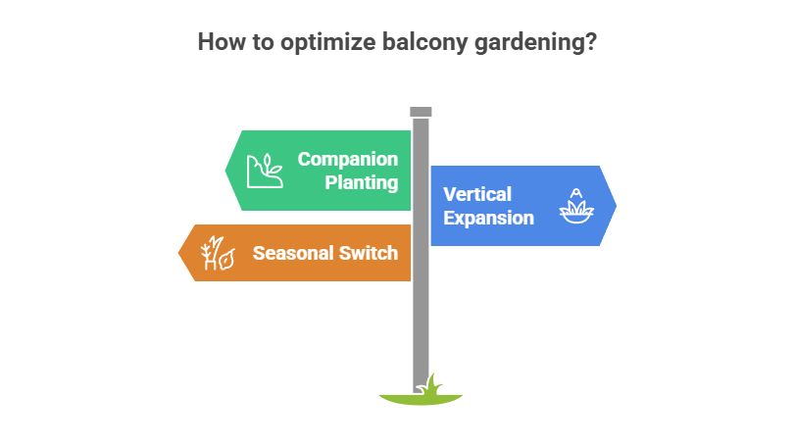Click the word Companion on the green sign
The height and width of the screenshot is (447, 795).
point(348,159)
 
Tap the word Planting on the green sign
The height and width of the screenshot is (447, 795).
point(363,182)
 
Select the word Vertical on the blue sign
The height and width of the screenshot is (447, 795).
point(477,194)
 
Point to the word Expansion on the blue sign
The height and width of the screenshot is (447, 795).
point(488,218)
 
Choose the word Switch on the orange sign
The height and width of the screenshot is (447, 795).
point(371,253)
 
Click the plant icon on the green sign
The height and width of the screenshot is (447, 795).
point(264,171)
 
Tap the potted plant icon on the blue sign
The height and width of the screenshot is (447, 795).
point(577,206)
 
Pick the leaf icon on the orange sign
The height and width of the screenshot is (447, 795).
point(217,253)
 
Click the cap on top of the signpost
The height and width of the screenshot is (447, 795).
point(421,111)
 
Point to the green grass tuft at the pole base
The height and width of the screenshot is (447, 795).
point(429,383)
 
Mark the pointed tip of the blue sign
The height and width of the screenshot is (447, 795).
point(616,206)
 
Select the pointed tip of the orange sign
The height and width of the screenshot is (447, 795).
point(178,253)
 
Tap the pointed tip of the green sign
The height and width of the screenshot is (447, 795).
point(226,171)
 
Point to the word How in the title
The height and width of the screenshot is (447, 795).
point(218,43)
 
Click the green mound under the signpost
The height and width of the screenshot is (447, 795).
point(421,398)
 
